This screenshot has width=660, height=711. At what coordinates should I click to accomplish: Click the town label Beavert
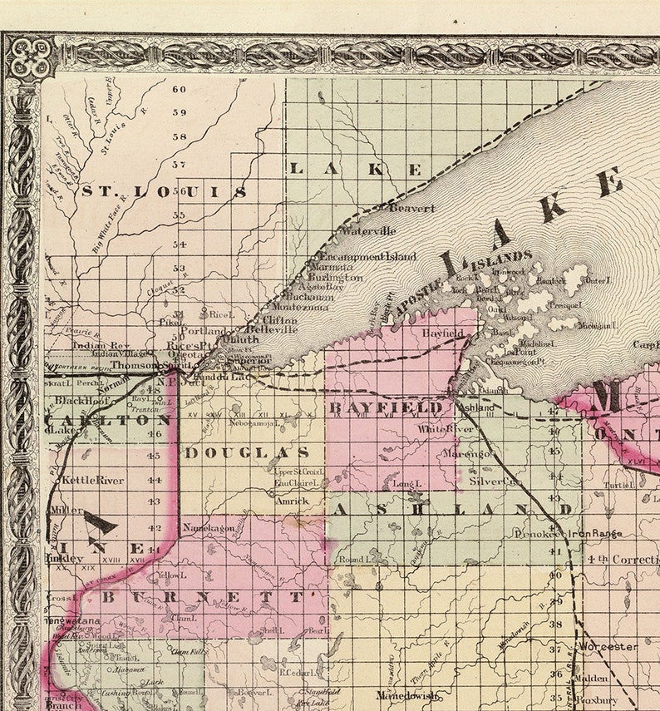click(411, 209)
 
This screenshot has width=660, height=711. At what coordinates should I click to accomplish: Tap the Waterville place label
click(368, 231)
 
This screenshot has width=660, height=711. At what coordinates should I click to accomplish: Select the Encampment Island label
click(368, 257)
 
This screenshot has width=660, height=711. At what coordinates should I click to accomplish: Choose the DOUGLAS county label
click(247, 452)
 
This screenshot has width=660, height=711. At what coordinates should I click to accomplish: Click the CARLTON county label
click(108, 420)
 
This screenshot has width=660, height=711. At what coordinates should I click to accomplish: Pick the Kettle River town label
click(93, 480)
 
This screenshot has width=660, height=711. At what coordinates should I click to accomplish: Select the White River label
click(446, 429)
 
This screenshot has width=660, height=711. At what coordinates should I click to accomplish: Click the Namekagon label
click(205, 528)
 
